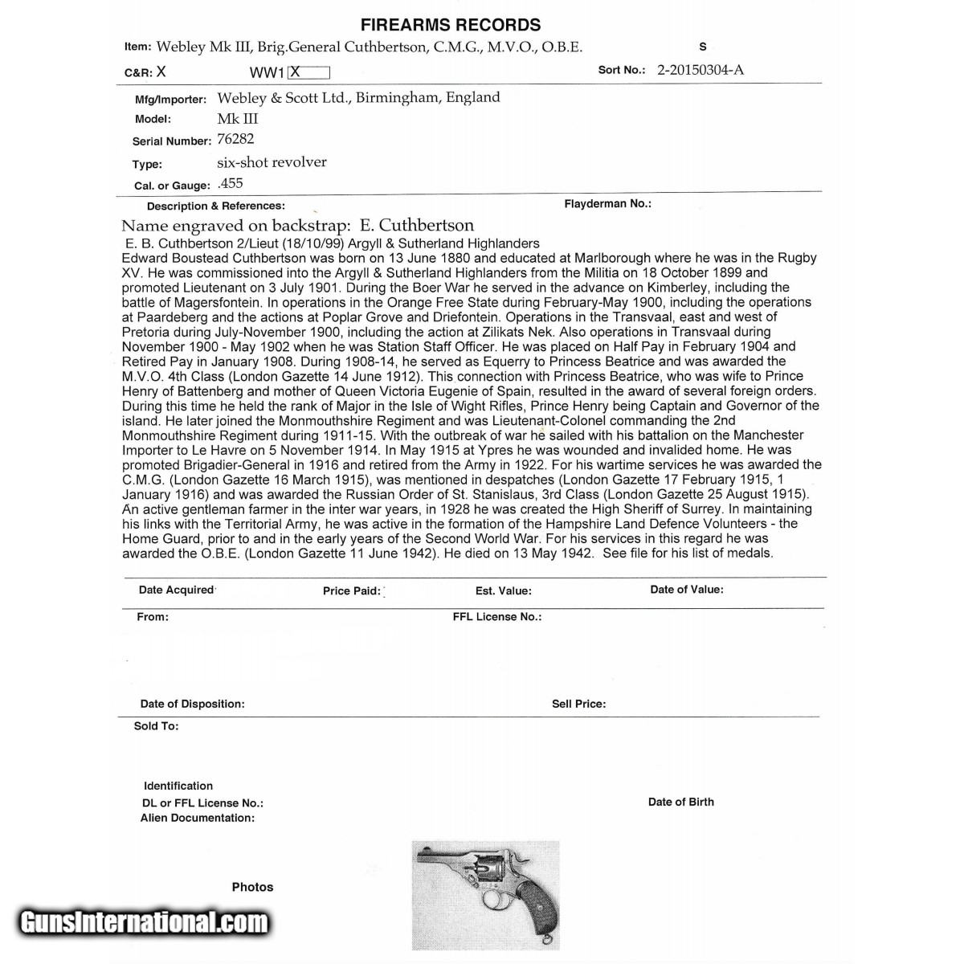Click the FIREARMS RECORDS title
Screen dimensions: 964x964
[x=450, y=25]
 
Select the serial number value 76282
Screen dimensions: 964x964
[x=235, y=139]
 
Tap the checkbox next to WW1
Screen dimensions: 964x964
[x=308, y=72]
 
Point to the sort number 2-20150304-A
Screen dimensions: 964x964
[x=700, y=70]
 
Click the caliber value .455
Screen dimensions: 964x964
[x=231, y=184]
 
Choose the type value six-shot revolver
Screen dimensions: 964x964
[x=272, y=162]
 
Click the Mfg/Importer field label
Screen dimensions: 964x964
[x=170, y=100]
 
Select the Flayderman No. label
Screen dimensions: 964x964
[x=607, y=204]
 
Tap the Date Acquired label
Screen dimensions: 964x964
[x=176, y=590]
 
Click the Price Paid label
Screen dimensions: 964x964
[x=351, y=591]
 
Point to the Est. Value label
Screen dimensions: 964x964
[x=503, y=591]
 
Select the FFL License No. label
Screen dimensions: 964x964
[x=497, y=617]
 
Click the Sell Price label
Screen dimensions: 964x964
[x=578, y=704]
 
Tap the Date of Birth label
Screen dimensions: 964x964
[x=680, y=802]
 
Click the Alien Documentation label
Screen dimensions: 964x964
[x=198, y=818]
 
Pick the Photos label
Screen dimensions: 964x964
[x=252, y=887]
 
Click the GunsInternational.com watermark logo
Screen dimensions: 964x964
[x=145, y=922]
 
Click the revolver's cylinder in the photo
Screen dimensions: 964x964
[x=486, y=876]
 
